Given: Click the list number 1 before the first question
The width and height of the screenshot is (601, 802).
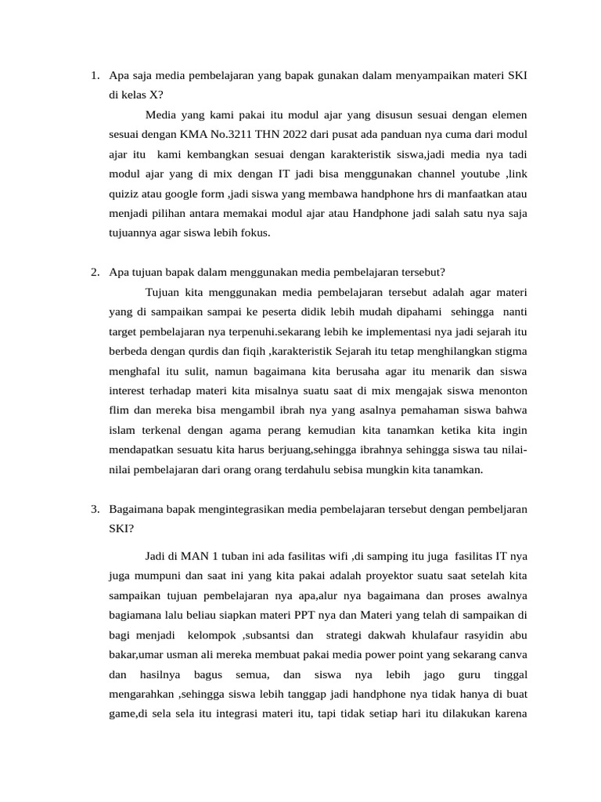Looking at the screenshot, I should point(93,76).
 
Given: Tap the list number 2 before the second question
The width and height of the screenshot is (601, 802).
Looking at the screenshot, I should point(93,273).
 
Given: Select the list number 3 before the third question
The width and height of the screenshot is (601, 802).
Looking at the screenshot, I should point(93,509).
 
